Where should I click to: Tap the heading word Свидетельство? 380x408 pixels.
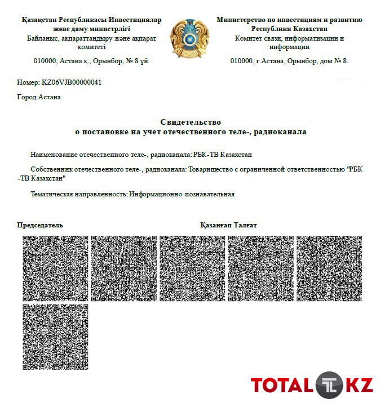191,122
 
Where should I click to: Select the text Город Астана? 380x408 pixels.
39,97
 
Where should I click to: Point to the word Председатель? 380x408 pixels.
40,225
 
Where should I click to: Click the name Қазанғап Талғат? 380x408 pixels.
228,225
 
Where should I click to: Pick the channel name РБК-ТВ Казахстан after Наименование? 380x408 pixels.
222,155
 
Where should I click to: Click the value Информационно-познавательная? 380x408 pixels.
182,194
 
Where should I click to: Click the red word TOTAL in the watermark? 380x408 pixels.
281,386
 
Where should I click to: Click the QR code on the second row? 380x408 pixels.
55,337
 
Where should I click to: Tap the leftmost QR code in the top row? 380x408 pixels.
55,269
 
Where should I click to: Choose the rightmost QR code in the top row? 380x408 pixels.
329,269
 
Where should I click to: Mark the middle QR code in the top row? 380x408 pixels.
192,269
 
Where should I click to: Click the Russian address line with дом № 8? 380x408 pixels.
289,60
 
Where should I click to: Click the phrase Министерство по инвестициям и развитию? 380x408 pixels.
289,20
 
